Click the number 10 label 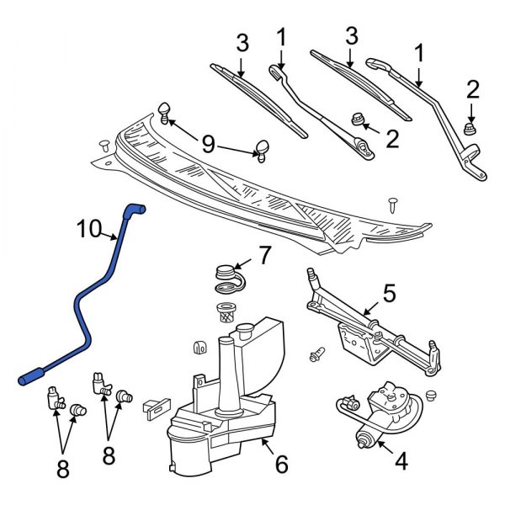[91, 228]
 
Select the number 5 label [389, 293]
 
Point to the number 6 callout [282, 464]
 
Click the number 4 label [401, 460]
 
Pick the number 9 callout [206, 145]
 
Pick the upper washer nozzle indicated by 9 [164, 109]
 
